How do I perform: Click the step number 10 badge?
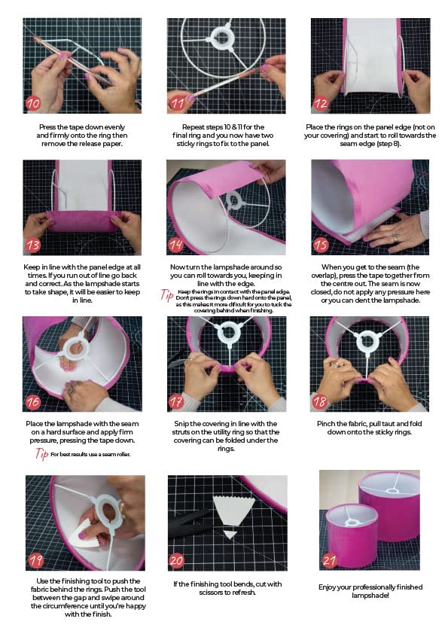coord(33,102)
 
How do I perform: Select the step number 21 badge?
coord(328,561)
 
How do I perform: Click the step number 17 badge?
coord(176,401)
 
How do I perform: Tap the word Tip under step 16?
coord(42,453)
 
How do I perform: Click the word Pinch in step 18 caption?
coord(330,423)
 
